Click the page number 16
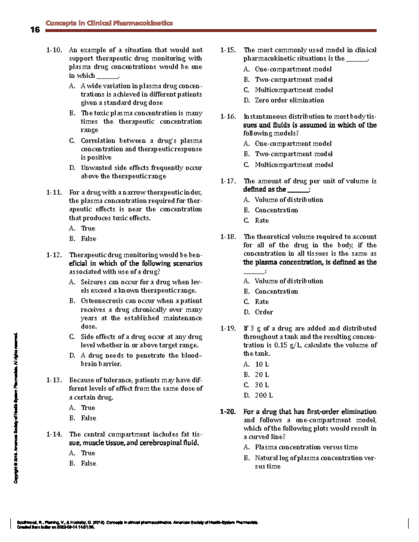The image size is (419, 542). (x=35, y=30)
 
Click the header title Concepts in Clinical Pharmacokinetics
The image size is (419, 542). (x=109, y=23)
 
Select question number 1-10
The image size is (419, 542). (x=54, y=50)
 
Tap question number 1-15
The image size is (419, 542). (x=228, y=50)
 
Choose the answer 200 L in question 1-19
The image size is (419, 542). (x=264, y=395)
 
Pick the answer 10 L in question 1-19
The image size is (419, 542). (x=262, y=364)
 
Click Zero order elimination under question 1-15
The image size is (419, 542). (x=289, y=101)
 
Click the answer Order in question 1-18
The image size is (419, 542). (x=264, y=312)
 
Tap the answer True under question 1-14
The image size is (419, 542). (x=88, y=453)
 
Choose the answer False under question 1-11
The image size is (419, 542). (x=88, y=239)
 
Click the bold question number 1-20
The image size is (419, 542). (x=228, y=412)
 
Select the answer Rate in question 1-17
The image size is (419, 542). (x=262, y=221)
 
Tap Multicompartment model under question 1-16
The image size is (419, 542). (x=294, y=165)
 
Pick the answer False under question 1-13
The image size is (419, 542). (x=88, y=418)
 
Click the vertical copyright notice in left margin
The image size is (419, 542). (x=16, y=408)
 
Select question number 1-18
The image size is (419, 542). (x=228, y=237)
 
